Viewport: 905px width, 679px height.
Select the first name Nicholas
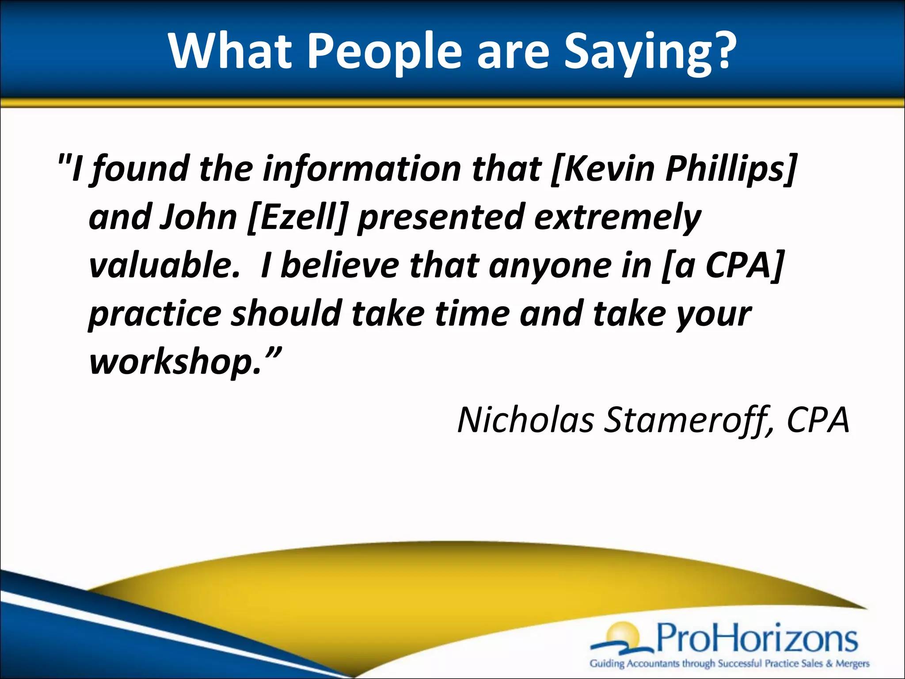[525, 420]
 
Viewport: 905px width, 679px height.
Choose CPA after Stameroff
[818, 420]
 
